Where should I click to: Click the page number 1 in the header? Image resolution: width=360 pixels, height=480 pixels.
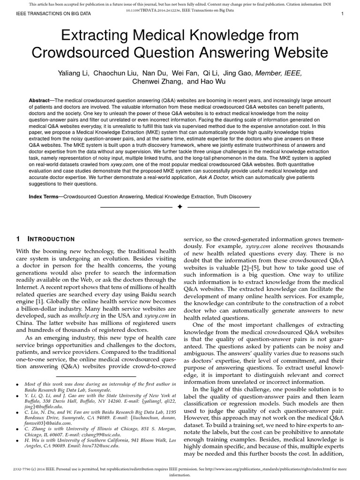(343, 14)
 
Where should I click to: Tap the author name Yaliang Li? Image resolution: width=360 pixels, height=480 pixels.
(73, 73)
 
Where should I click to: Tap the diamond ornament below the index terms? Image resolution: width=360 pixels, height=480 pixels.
(180, 207)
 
